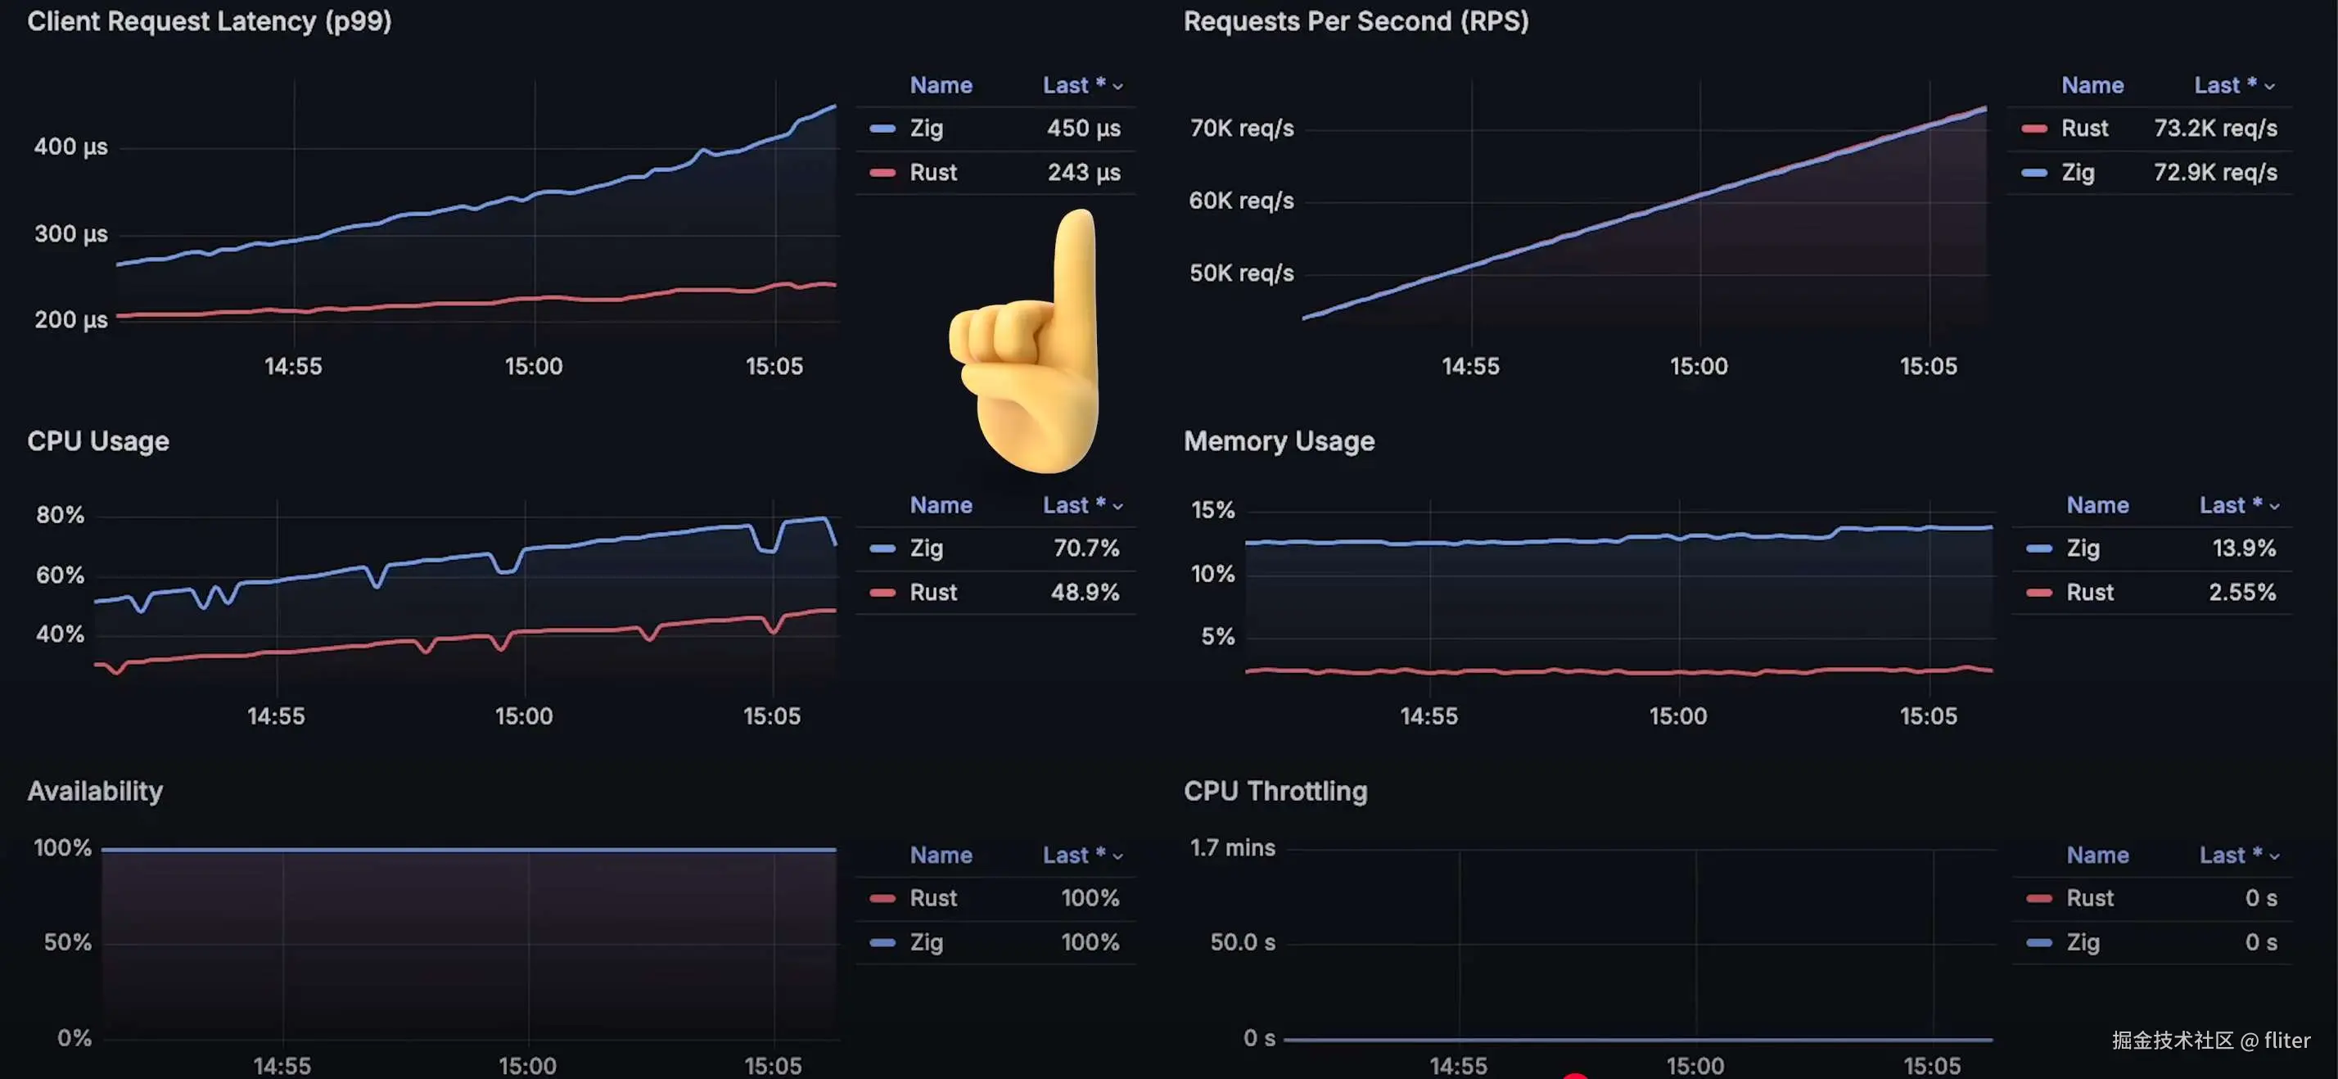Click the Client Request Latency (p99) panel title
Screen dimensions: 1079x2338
pyautogui.click(x=210, y=20)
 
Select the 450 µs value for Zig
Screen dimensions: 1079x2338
pyautogui.click(x=1084, y=128)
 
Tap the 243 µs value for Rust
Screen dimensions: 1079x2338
pyautogui.click(x=1084, y=173)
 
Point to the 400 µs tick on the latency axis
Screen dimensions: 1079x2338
pyautogui.click(x=70, y=147)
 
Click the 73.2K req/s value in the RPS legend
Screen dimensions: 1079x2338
pyautogui.click(x=2214, y=128)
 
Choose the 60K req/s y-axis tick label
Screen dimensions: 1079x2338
pyautogui.click(x=1241, y=201)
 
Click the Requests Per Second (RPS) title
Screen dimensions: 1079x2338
pyautogui.click(x=1355, y=20)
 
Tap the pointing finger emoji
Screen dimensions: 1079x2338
pyautogui.click(x=1030, y=345)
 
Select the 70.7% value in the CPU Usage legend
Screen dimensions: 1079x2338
pyautogui.click(x=1085, y=549)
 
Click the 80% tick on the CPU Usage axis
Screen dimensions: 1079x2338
pyautogui.click(x=60, y=516)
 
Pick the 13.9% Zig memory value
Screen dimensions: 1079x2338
pyautogui.click(x=2244, y=549)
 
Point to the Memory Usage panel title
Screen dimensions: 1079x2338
pyautogui.click(x=1278, y=441)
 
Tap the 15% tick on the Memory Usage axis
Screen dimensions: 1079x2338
pyautogui.click(x=1212, y=510)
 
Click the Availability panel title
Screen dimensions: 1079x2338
pyautogui.click(x=95, y=792)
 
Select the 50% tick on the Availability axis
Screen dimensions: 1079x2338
pyautogui.click(x=67, y=943)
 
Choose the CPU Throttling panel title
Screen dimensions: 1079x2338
pyautogui.click(x=1275, y=792)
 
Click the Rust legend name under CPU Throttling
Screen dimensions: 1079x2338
pyautogui.click(x=2089, y=898)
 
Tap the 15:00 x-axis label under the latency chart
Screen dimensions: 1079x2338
pyautogui.click(x=534, y=367)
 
